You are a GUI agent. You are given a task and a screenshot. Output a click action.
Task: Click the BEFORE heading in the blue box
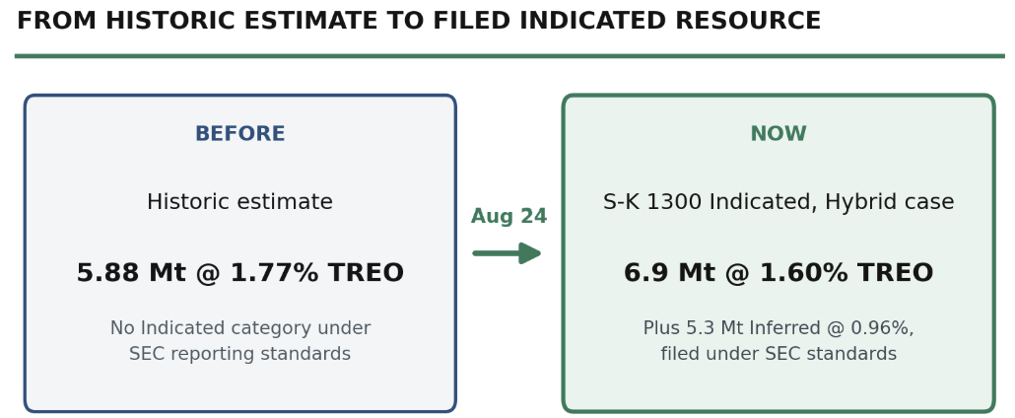click(239, 134)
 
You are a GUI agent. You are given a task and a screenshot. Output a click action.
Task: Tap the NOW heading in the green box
click(778, 134)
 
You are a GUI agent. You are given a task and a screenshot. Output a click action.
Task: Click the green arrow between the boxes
click(507, 253)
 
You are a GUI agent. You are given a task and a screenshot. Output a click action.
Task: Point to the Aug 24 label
click(508, 217)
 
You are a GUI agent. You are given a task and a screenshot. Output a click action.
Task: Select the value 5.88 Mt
click(131, 273)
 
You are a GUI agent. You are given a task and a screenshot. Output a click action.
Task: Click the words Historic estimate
click(239, 202)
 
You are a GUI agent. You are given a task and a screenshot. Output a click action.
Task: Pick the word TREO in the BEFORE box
click(366, 273)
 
